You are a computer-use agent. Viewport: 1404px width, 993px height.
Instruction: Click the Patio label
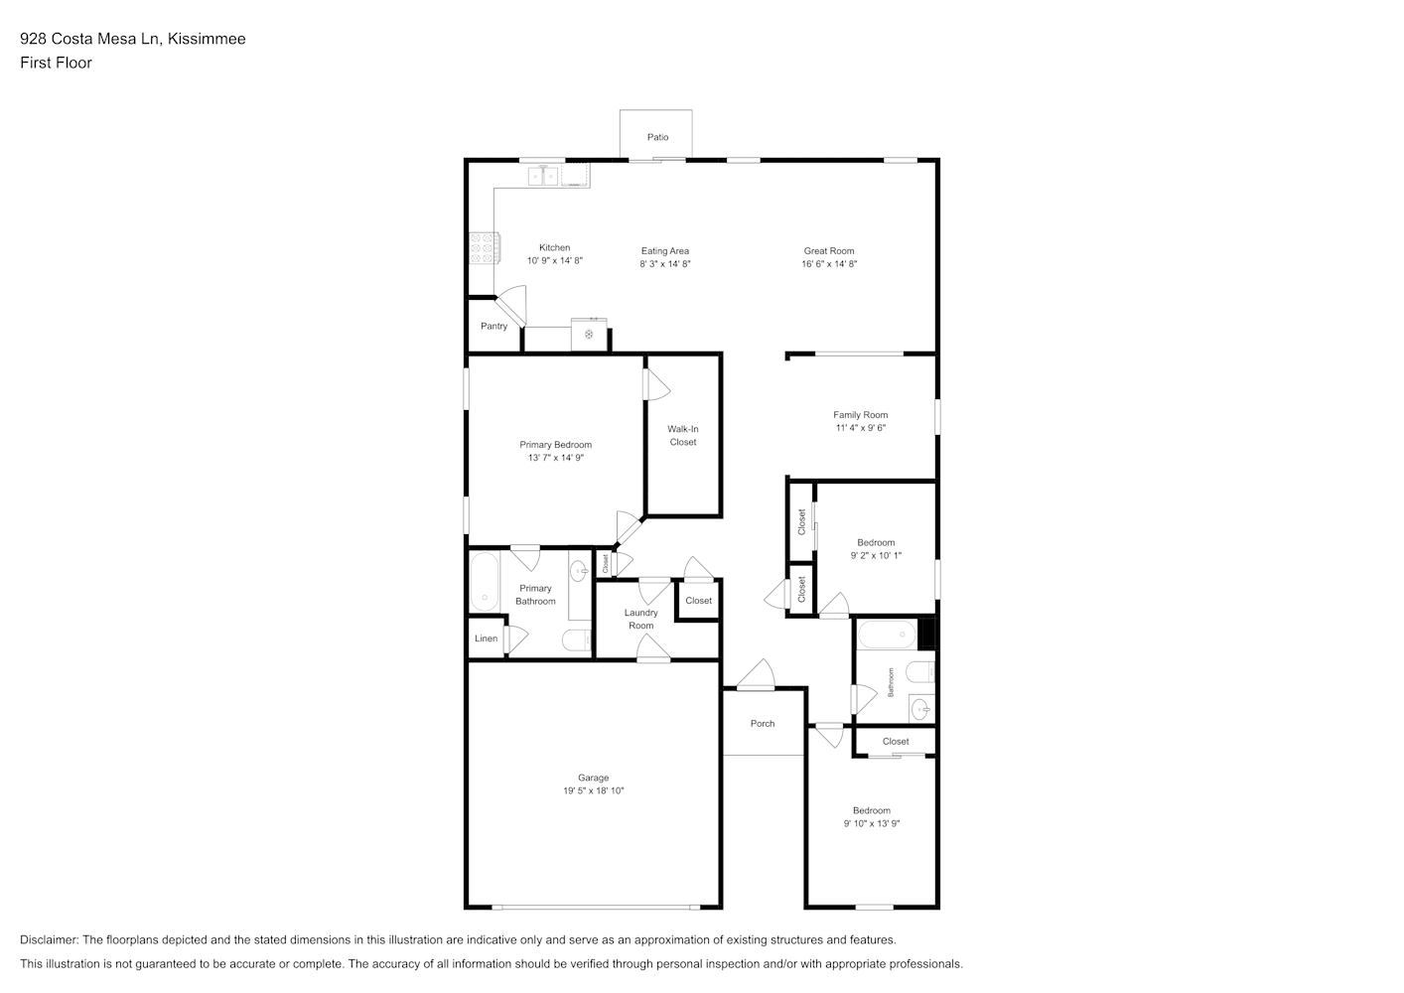pyautogui.click(x=657, y=137)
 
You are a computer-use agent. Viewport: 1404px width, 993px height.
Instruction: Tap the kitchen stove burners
pyautogui.click(x=485, y=248)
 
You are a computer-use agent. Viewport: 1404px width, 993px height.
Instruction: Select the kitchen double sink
pyautogui.click(x=543, y=176)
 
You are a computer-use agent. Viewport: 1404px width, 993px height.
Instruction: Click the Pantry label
pyautogui.click(x=493, y=326)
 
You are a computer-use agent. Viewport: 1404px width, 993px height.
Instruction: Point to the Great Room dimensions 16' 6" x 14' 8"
pyautogui.click(x=829, y=264)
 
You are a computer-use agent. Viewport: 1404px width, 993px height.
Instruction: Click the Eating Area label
pyautogui.click(x=664, y=251)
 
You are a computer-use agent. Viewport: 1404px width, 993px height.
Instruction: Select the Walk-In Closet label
pyautogui.click(x=682, y=436)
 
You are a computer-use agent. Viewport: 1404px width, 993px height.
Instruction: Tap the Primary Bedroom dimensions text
pyautogui.click(x=555, y=458)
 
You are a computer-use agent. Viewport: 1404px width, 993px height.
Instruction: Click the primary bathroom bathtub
pyautogui.click(x=485, y=581)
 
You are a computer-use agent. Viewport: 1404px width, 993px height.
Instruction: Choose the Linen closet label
pyautogui.click(x=486, y=638)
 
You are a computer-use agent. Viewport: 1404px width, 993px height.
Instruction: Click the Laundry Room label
pyautogui.click(x=640, y=619)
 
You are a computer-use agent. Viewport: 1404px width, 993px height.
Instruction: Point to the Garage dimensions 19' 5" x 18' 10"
pyautogui.click(x=593, y=790)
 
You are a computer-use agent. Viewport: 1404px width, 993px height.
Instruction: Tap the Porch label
pyautogui.click(x=763, y=724)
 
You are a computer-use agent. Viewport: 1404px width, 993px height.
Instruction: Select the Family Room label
pyautogui.click(x=860, y=415)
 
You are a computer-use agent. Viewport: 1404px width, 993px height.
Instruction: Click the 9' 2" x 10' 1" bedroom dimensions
pyautogui.click(x=876, y=555)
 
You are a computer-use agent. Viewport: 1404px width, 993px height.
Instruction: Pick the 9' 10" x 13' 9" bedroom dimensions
pyautogui.click(x=871, y=824)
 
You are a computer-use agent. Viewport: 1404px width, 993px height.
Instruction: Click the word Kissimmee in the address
pyautogui.click(x=207, y=39)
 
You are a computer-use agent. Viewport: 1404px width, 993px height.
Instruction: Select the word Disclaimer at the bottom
pyautogui.click(x=50, y=939)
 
